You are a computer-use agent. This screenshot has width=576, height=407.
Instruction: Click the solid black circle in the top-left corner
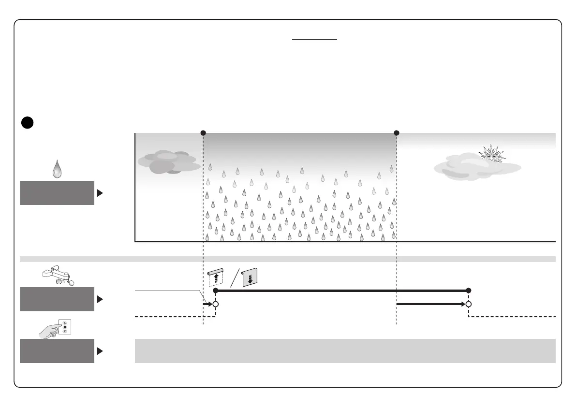28,123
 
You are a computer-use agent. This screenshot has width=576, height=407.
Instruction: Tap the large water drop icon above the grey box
57,169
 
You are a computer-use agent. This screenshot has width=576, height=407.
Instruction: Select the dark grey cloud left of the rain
167,162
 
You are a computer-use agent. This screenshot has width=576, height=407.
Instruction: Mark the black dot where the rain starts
203,133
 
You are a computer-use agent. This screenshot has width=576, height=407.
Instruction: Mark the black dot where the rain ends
397,133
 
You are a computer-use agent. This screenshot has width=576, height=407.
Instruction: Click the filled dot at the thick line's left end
216,291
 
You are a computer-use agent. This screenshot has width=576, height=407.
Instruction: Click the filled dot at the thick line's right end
468,291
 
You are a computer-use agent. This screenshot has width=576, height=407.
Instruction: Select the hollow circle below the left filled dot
216,304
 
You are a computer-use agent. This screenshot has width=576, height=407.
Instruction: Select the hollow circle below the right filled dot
468,304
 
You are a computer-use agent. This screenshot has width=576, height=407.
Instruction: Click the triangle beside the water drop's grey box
100,193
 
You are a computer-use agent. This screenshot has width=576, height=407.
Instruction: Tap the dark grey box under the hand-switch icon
57,351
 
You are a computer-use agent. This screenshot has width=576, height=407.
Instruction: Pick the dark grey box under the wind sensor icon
57,299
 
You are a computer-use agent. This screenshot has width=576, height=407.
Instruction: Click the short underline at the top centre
314,40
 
